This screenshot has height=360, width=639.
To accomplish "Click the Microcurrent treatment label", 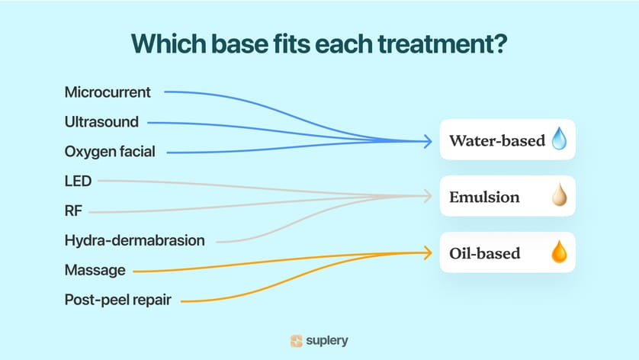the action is point(108,92).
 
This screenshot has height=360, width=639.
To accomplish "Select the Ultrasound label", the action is point(101,122).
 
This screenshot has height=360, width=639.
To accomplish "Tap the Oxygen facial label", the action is point(110,152).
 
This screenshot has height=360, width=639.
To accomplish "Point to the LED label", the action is point(78,181).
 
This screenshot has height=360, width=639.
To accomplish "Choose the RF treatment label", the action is point(73,211).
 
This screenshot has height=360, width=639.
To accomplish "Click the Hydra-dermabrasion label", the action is point(134,240).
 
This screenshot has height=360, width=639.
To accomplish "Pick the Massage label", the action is point(95,270).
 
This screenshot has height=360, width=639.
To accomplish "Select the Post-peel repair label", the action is point(117,300).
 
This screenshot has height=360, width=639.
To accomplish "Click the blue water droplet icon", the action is point(559,138).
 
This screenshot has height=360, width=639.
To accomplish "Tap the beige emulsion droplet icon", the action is point(560,194).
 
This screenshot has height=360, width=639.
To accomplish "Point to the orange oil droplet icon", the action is point(559,251).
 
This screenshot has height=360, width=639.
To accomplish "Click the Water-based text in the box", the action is point(497,140).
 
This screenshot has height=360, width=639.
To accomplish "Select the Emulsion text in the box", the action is point(484,198).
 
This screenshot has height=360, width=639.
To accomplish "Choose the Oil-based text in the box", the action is point(485,253).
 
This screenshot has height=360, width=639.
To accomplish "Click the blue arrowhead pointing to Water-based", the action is point(428,141).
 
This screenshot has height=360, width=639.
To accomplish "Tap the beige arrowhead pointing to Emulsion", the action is point(428,196).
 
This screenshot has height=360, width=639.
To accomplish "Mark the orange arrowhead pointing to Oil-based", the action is point(428,252).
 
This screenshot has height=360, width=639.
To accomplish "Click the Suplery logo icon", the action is point(297,341).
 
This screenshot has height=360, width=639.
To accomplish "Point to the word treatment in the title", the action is point(442,44).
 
